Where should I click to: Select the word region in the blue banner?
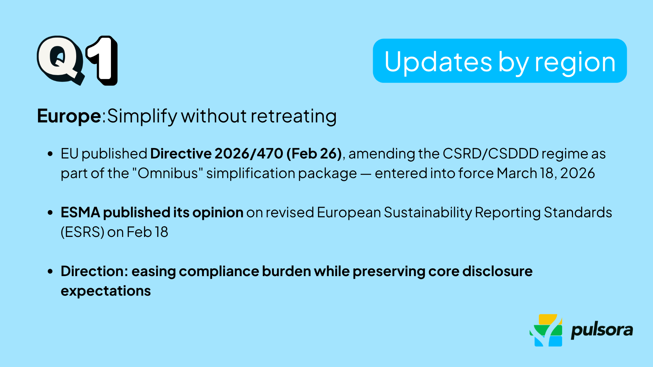575,63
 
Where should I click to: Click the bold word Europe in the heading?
69,116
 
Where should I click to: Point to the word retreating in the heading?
293,116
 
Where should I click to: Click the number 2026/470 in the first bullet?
249,154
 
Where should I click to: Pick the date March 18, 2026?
546,173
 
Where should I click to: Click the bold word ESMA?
80,212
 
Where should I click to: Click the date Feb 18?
147,232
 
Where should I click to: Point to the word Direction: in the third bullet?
94,271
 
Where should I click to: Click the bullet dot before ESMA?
50,213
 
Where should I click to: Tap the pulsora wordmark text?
602,330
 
